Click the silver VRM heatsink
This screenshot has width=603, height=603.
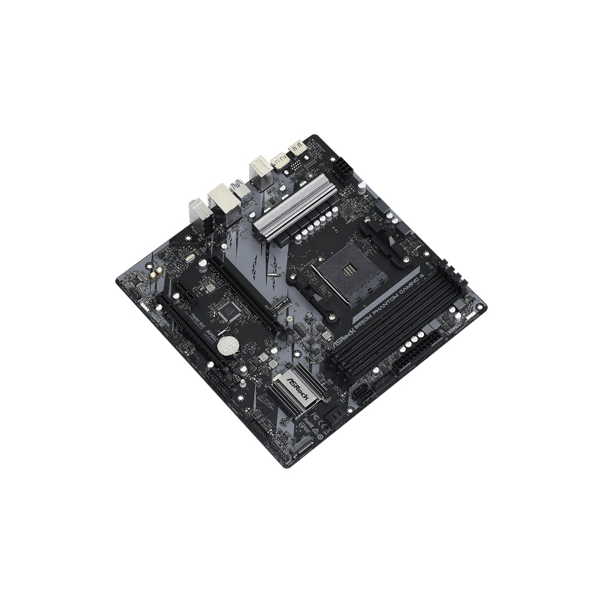pyautogui.click(x=295, y=202)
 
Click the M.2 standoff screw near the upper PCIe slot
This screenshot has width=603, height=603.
pyautogui.click(x=273, y=274)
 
